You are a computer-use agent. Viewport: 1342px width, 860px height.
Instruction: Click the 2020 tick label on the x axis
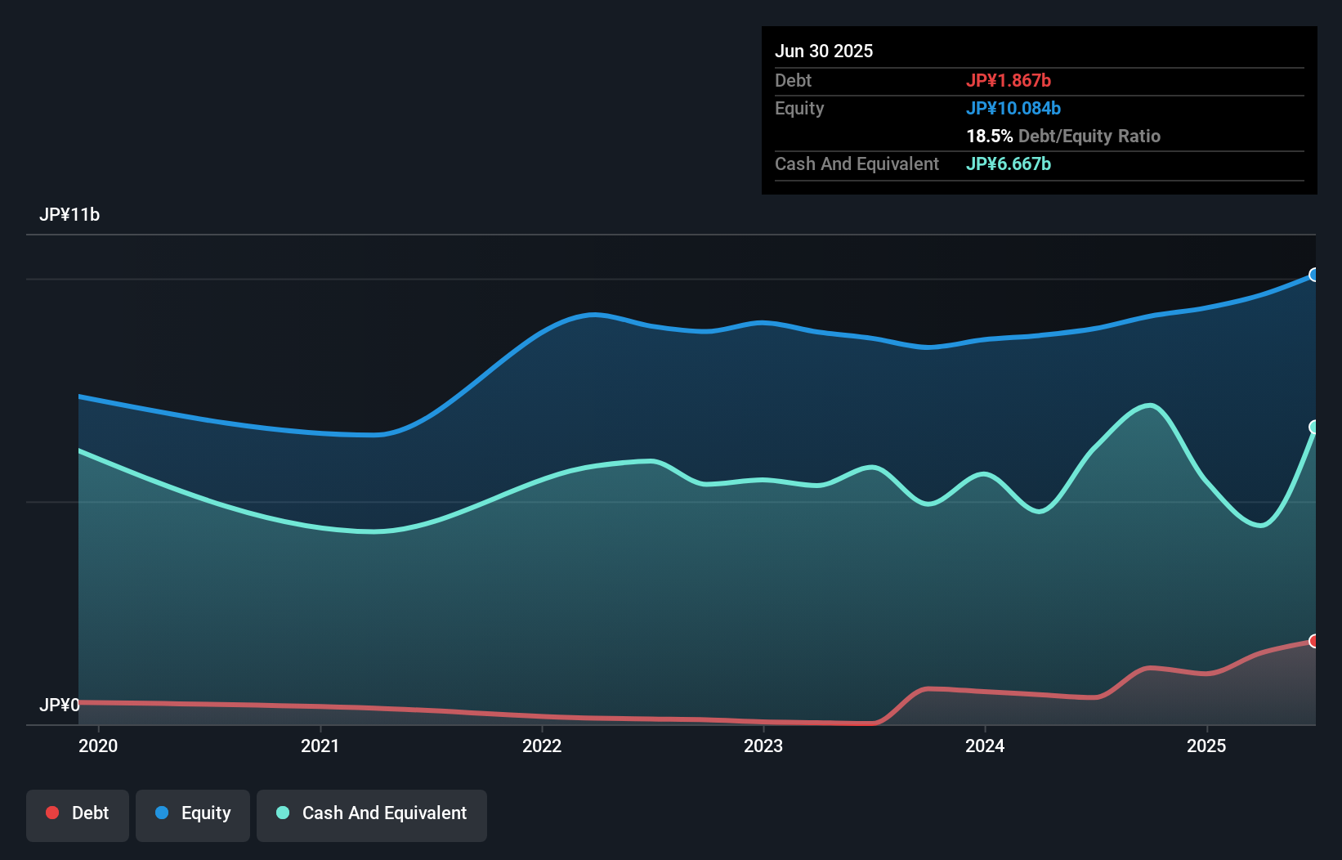(98, 746)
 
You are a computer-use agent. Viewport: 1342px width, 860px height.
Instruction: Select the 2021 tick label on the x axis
(320, 746)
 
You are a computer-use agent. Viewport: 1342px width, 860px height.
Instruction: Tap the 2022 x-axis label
(542, 746)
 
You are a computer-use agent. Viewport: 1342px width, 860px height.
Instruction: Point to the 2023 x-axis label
(763, 746)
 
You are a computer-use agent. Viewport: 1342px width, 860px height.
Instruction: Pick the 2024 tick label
(985, 746)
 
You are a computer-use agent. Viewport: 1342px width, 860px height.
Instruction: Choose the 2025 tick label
(1206, 746)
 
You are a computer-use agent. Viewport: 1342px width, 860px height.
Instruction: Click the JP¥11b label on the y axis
(69, 215)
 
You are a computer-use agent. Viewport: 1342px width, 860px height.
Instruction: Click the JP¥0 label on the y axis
(60, 705)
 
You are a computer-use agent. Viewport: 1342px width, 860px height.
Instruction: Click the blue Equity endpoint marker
(1314, 275)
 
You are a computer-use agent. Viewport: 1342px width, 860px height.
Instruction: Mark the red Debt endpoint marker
(1314, 641)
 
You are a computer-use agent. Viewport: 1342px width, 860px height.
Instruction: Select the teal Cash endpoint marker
(1314, 427)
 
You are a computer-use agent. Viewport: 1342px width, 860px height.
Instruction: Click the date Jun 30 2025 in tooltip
(824, 51)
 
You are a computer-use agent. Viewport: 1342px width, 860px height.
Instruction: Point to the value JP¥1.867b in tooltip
(1009, 80)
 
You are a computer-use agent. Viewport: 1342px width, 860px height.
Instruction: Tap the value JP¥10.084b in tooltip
(1013, 108)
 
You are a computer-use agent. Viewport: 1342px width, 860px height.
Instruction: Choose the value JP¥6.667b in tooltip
(1009, 163)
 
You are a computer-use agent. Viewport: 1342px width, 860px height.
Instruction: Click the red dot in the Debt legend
(52, 813)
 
